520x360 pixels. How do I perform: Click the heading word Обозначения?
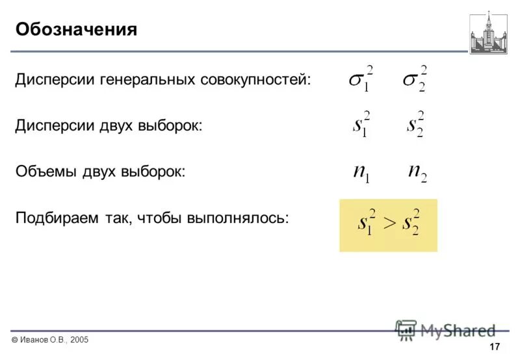(x=76, y=30)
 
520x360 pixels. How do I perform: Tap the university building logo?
(x=489, y=32)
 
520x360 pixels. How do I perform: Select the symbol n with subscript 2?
(x=417, y=172)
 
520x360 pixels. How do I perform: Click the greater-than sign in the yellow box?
(x=388, y=223)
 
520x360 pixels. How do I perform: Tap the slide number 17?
(x=495, y=345)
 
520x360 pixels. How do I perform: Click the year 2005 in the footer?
(x=77, y=340)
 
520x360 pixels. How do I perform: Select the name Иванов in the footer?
(x=34, y=340)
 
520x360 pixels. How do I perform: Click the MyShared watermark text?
(x=457, y=330)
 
